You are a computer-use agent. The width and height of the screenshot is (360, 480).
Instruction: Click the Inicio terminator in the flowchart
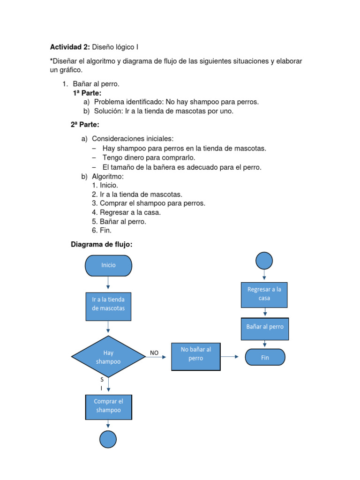[108, 265]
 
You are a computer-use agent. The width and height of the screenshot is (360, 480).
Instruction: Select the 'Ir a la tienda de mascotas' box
[108, 307]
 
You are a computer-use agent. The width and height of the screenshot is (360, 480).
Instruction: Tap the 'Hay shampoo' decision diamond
[108, 357]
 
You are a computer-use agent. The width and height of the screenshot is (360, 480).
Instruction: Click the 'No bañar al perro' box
[196, 357]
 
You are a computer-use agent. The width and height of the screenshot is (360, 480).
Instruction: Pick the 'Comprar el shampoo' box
[109, 407]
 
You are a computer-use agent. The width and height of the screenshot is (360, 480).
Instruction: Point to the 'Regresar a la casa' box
[264, 295]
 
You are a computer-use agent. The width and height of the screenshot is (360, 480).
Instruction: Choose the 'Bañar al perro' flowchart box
[265, 329]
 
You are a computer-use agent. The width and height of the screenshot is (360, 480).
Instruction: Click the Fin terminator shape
[265, 357]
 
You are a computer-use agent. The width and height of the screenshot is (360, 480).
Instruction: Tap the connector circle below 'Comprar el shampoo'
[108, 439]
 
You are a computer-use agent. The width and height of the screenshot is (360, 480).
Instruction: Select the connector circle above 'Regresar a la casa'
[264, 261]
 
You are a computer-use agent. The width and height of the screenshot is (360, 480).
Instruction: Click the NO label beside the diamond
[154, 353]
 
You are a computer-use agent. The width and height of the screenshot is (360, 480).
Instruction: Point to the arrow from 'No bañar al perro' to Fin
[230, 357]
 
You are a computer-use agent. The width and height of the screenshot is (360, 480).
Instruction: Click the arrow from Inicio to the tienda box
[108, 283]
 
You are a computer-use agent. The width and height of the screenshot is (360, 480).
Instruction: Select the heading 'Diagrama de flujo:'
[102, 244]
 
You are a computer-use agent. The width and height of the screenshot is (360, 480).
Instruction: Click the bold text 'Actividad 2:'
[70, 47]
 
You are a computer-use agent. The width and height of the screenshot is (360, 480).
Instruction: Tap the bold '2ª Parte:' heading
[85, 125]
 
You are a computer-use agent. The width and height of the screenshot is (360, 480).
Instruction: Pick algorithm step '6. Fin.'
[102, 230]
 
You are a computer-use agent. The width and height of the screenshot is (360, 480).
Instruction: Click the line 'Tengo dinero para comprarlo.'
[149, 157]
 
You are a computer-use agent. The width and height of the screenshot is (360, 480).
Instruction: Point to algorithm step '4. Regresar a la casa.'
[126, 212]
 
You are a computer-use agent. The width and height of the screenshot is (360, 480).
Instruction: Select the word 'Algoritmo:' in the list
[108, 177]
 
